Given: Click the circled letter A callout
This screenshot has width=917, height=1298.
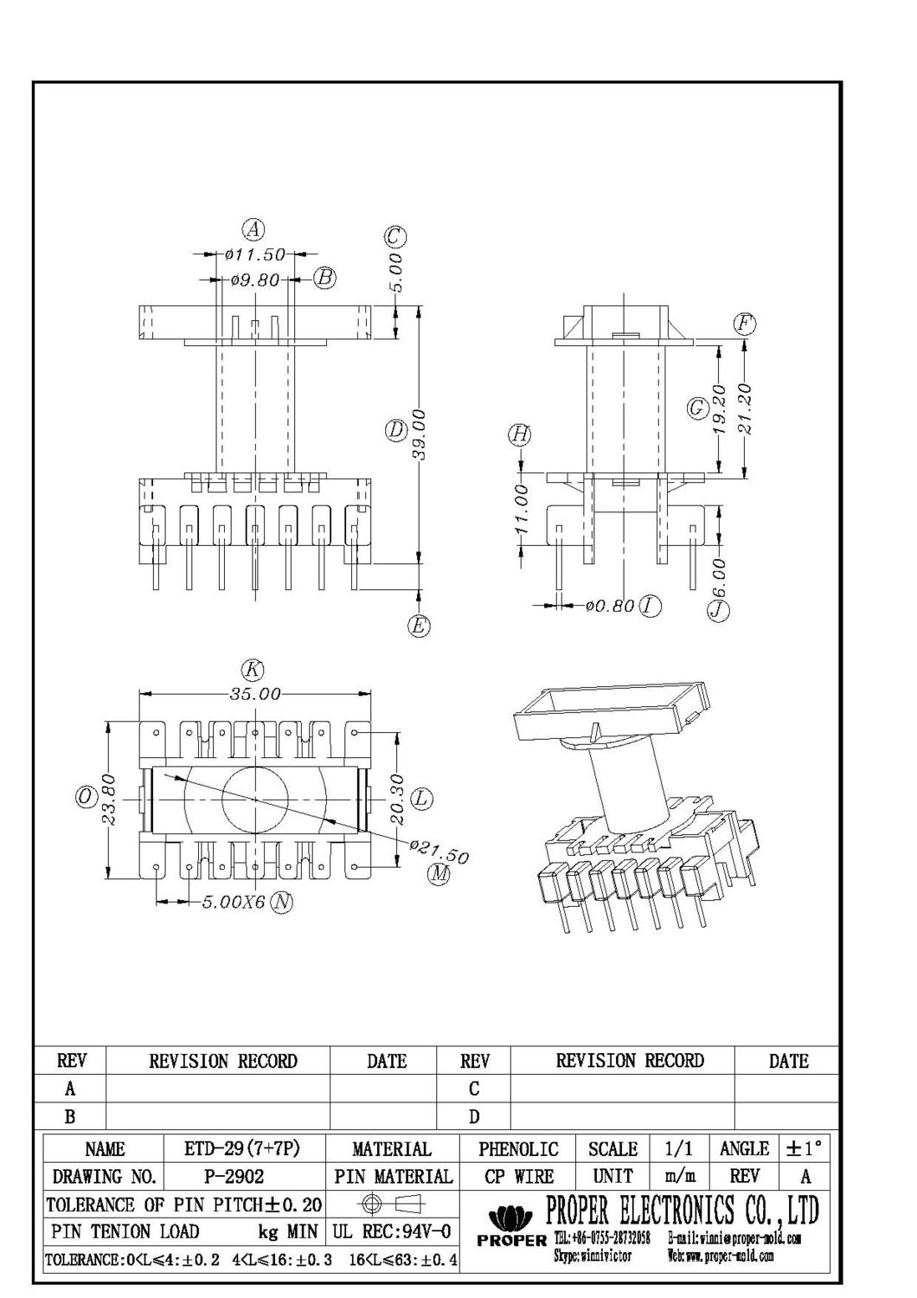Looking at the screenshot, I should pyautogui.click(x=253, y=230).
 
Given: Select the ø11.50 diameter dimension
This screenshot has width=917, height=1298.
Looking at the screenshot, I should pyautogui.click(x=254, y=255).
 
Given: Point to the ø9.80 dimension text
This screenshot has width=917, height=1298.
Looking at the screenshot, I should pyautogui.click(x=256, y=280).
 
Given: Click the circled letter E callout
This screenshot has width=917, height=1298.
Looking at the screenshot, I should pyautogui.click(x=419, y=626).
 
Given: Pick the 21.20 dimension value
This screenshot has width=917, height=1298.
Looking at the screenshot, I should pyautogui.click(x=746, y=408).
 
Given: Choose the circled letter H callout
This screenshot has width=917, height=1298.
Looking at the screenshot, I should pyautogui.click(x=519, y=434).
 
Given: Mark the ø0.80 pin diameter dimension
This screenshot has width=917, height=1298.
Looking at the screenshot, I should pyautogui.click(x=610, y=606).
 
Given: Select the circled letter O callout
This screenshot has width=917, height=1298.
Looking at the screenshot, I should pyautogui.click(x=86, y=797).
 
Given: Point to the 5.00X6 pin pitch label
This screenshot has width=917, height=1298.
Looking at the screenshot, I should pyautogui.click(x=233, y=903).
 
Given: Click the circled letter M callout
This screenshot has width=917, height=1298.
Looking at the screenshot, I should pyautogui.click(x=439, y=874).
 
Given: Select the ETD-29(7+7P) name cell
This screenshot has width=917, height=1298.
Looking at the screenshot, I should pyautogui.click(x=242, y=1148).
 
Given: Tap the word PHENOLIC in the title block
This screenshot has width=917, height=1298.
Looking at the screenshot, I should pyautogui.click(x=518, y=1148).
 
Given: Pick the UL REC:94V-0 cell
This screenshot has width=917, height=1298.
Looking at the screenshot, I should pyautogui.click(x=391, y=1231).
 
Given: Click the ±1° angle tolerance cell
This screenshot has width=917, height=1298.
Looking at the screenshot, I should pyautogui.click(x=804, y=1148).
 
